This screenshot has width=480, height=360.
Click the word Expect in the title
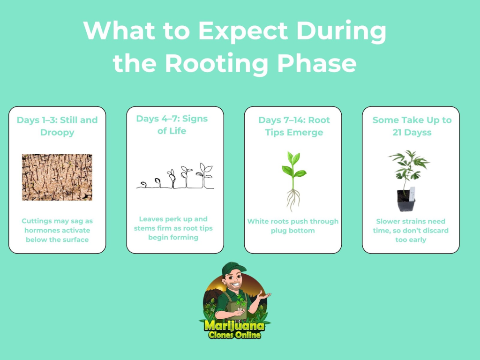tap(243, 31)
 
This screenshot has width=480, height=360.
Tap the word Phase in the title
tap(317, 63)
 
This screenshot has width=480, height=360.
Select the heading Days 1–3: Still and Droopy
tap(57, 126)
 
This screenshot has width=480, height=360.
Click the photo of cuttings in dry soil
tap(57, 177)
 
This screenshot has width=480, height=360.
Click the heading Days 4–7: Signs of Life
tap(172, 125)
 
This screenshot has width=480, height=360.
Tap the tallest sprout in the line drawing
tap(204, 175)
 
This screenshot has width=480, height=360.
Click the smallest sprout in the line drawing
tap(143, 184)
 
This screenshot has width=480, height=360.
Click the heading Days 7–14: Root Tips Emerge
tap(294, 126)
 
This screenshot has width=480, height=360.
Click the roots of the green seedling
tap(293, 200)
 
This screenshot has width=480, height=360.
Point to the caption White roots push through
tap(293, 221)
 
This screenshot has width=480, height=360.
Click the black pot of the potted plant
tap(406, 200)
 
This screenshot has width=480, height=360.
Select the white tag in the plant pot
tap(412, 194)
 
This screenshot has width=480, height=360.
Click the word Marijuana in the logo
tap(234, 325)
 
